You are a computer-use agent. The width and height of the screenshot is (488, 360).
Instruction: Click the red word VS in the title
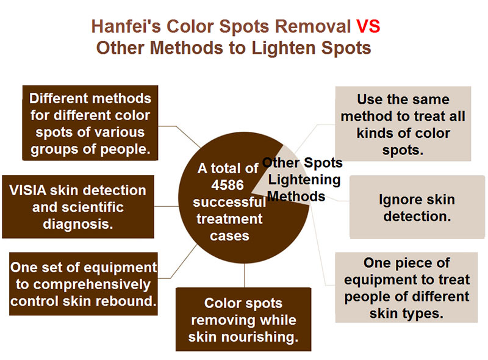368,26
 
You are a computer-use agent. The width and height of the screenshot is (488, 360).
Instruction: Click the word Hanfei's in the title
126,26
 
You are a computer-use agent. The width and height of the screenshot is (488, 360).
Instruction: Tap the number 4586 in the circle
228,185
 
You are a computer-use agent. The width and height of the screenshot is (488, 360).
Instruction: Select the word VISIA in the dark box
27,190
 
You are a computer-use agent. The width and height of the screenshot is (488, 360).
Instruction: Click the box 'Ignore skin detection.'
417,207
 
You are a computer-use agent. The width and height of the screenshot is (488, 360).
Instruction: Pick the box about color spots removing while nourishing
243,319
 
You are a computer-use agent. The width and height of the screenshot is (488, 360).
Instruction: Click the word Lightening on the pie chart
304,179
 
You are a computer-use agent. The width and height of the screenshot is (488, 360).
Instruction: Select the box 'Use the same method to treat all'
403,124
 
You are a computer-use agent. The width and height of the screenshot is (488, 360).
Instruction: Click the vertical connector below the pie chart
245,275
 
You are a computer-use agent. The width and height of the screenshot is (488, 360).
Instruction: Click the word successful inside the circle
229,202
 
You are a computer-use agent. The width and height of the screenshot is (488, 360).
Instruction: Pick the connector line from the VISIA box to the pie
166,206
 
